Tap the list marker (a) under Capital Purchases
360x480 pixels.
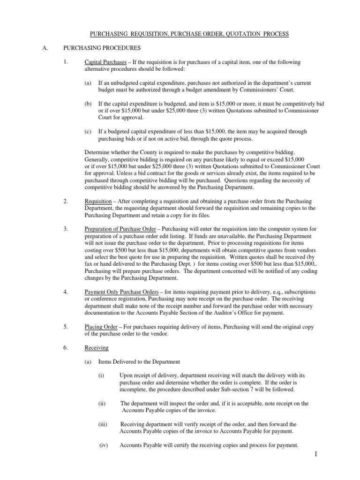(88, 82)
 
